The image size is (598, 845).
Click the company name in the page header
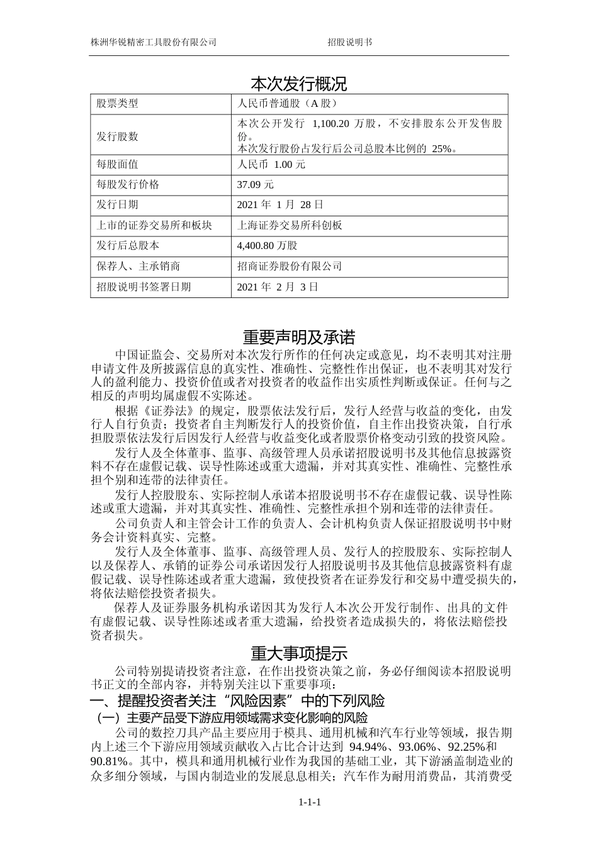(x=154, y=42)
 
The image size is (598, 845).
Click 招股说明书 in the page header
(x=349, y=42)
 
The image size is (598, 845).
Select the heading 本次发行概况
(x=298, y=84)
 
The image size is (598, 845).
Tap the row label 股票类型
(x=117, y=104)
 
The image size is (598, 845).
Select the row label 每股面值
(x=117, y=165)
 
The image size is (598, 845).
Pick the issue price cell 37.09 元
(x=256, y=185)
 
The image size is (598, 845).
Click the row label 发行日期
(x=117, y=205)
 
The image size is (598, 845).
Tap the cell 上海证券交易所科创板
(x=290, y=225)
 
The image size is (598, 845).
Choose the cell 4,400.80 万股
(x=267, y=245)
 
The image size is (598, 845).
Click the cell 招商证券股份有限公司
(x=290, y=266)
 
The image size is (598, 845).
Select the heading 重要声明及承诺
(x=298, y=337)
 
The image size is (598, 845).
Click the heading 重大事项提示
(x=298, y=653)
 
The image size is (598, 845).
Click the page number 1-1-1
(x=310, y=802)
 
